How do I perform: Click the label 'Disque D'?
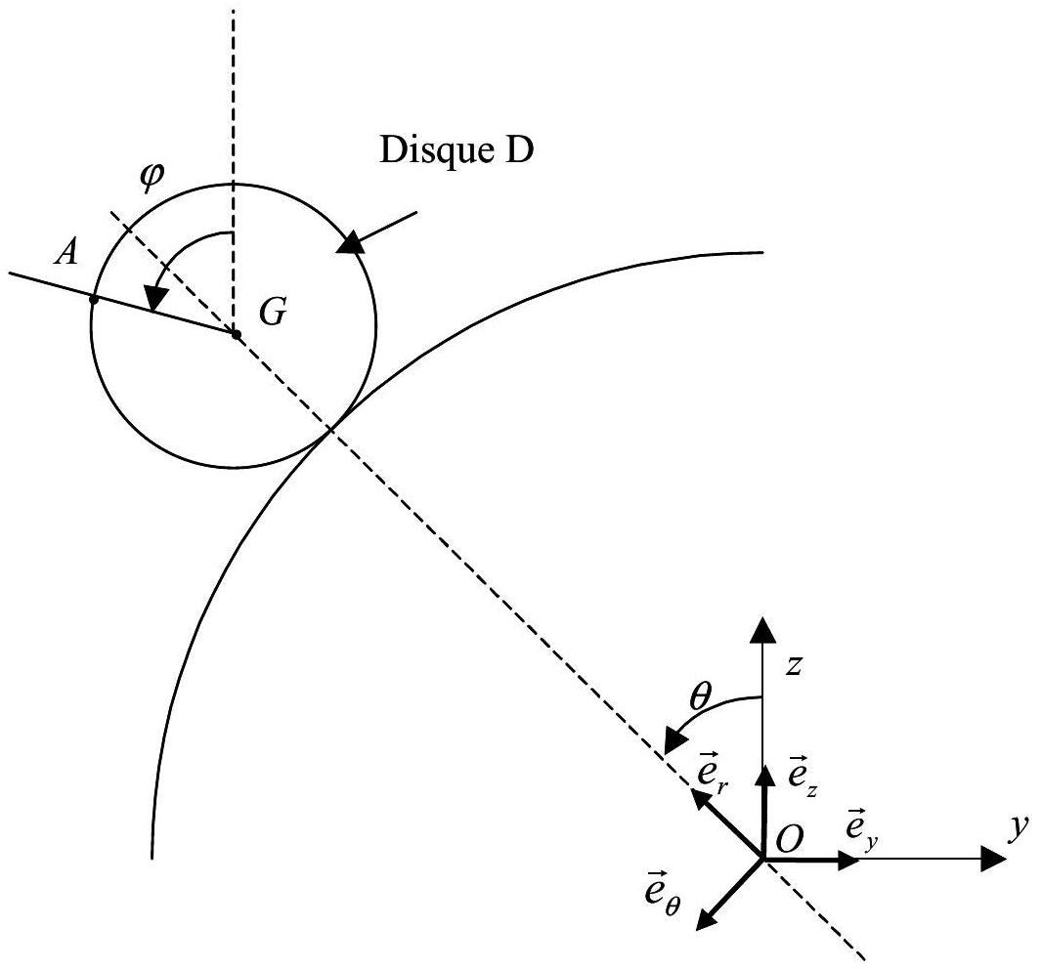[x=456, y=150]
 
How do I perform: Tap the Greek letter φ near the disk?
[x=152, y=177]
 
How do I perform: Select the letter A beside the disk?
[x=66, y=252]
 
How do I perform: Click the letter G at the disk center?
[x=273, y=312]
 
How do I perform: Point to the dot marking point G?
[x=236, y=335]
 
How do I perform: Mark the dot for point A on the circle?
[x=94, y=300]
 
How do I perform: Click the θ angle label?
[x=701, y=697]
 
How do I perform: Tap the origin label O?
[x=790, y=839]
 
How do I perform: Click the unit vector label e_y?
[x=861, y=828]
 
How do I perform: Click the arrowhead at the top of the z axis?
[x=762, y=629]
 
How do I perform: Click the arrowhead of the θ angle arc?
[x=675, y=739]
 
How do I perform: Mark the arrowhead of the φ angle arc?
[x=156, y=297]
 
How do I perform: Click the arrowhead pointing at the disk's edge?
[x=351, y=241]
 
